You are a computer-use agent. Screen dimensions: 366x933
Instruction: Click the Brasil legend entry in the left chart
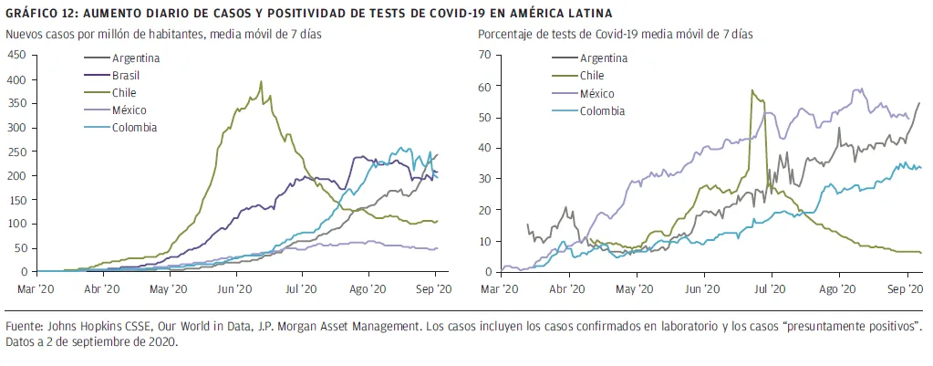[126, 75]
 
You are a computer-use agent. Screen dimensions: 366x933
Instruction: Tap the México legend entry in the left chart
[129, 110]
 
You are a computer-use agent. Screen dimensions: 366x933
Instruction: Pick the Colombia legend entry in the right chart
[603, 111]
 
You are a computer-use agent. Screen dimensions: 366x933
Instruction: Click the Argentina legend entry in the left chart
[136, 58]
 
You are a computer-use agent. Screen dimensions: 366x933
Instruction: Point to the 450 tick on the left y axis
[16, 55]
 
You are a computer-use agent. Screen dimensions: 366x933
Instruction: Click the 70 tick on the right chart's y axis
[484, 55]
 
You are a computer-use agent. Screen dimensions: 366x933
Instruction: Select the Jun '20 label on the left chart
[235, 288]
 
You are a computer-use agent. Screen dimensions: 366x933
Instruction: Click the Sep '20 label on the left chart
[433, 288]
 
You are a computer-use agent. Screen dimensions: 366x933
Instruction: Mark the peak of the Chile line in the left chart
[261, 81]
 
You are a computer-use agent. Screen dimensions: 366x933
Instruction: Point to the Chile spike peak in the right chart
[752, 89]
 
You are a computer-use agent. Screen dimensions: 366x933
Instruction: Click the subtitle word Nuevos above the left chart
[26, 35]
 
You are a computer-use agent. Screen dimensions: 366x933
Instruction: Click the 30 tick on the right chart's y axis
[484, 179]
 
